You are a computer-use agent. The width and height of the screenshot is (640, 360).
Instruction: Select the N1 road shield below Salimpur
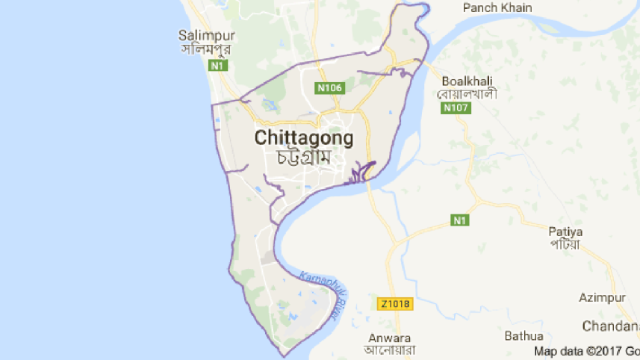(x=218, y=66)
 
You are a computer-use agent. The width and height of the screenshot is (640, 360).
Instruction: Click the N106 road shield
(x=329, y=88)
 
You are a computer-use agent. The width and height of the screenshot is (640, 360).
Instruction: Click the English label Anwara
(x=389, y=336)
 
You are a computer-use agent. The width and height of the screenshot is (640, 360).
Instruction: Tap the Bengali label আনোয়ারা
(x=389, y=350)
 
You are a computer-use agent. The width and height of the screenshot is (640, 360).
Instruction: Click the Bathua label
(x=523, y=335)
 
